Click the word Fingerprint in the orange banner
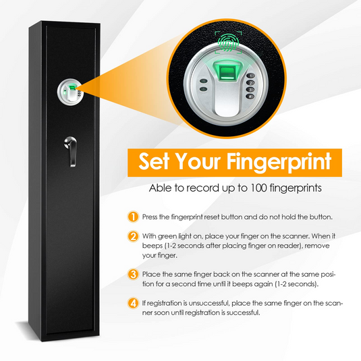278,163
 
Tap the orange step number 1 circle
134,217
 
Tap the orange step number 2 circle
134,236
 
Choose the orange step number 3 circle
134,275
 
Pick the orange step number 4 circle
134,304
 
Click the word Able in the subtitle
160,188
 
